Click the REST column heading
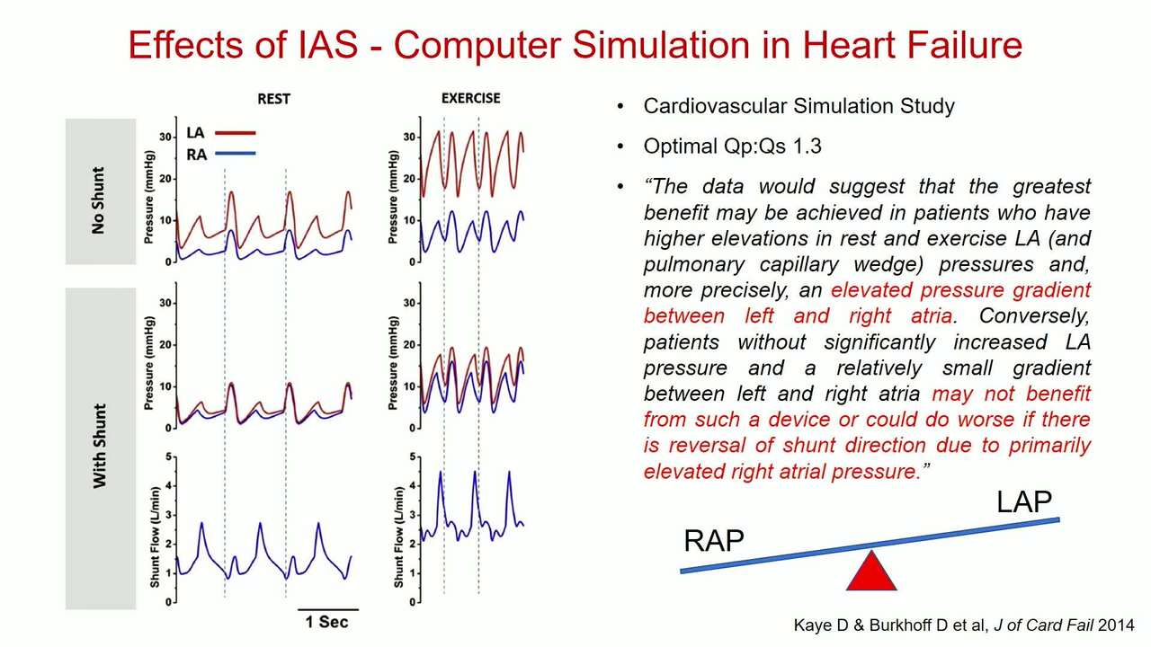pyautogui.click(x=274, y=99)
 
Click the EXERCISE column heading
pyautogui.click(x=470, y=98)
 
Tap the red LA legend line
pyautogui.click(x=236, y=133)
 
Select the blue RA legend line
pyautogui.click(x=236, y=153)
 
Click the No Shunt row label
pyautogui.click(x=98, y=200)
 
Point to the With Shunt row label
pyautogui.click(x=99, y=446)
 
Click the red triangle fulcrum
pyautogui.click(x=871, y=571)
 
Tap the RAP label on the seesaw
pyautogui.click(x=714, y=541)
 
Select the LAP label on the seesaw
pyautogui.click(x=1024, y=501)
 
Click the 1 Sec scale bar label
pyautogui.click(x=326, y=623)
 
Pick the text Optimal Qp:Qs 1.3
pyautogui.click(x=732, y=146)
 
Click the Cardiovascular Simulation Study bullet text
pyautogui.click(x=799, y=106)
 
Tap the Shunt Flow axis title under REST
pyautogui.click(x=155, y=537)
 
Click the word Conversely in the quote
pyautogui.click(x=1034, y=316)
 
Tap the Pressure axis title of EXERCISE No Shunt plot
pyautogui.click(x=393, y=197)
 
